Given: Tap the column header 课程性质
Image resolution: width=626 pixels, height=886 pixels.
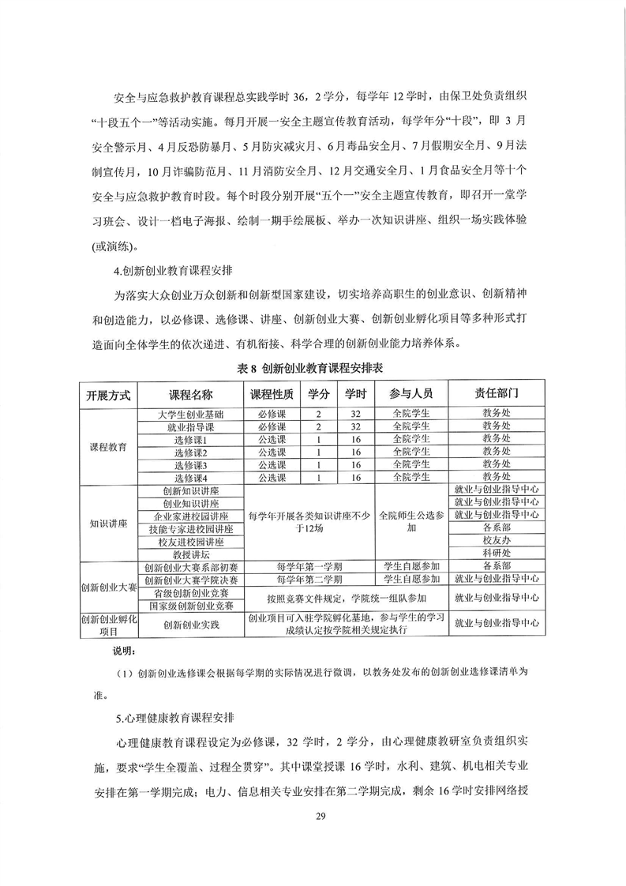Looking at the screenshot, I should point(272,394).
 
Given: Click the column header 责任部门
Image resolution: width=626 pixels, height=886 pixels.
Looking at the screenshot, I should point(497,394).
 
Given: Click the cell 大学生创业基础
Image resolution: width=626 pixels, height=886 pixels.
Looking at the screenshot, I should point(191,414).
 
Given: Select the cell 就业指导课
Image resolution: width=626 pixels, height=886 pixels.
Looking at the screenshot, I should point(191,426).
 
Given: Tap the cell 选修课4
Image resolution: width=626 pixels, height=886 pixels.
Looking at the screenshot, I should point(191,477).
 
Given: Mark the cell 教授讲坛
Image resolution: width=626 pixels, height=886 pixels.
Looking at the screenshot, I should point(191,554).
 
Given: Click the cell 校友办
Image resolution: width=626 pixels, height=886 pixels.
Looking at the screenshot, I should point(497,542).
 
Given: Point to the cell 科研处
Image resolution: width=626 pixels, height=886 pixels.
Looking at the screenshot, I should point(497,554).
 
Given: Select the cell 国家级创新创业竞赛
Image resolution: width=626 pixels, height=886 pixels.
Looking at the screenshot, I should point(191,606).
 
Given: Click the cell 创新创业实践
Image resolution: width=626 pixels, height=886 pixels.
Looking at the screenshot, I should point(191,624).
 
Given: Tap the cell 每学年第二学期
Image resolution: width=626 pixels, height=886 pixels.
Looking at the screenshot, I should point(309,580).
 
